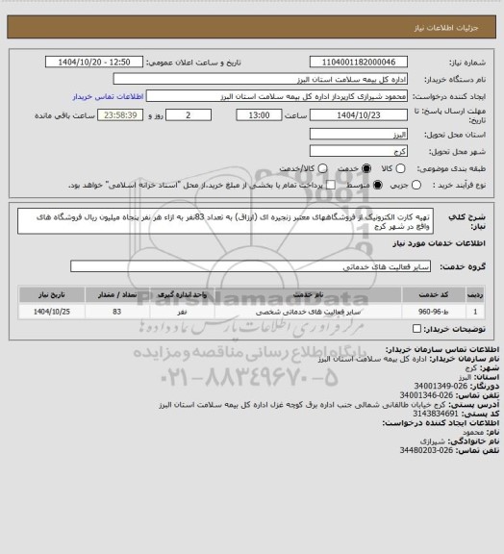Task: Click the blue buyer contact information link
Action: [x=108, y=97]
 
